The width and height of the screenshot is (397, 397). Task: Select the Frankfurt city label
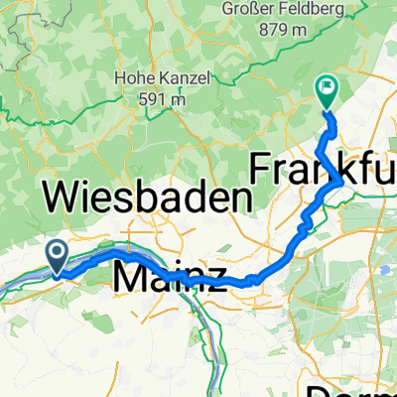[x=324, y=170]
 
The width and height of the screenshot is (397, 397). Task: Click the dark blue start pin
[x=57, y=256]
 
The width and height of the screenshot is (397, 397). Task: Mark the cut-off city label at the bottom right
[x=353, y=387]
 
